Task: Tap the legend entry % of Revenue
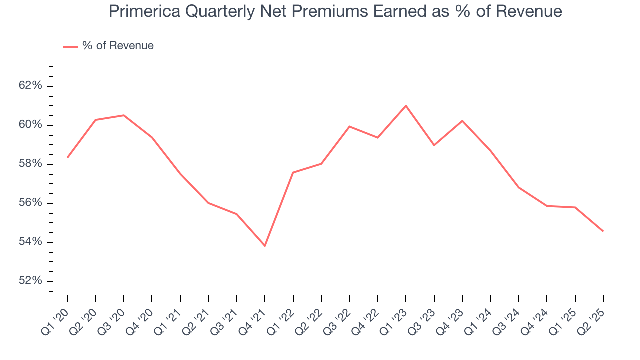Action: coord(118,46)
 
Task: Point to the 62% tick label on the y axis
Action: coord(30,86)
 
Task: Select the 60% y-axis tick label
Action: coord(30,125)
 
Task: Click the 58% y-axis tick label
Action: coord(30,164)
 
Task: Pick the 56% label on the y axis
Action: coord(30,203)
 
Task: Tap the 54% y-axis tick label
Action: coord(30,242)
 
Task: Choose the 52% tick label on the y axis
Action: coord(30,281)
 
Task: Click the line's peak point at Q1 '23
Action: coord(406,105)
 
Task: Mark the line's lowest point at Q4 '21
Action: coord(265,246)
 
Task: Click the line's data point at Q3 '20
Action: coord(124,115)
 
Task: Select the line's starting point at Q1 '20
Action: coord(67,157)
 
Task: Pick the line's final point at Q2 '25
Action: coord(603,231)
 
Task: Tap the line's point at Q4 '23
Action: coord(462,121)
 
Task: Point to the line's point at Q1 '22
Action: coord(293,172)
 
